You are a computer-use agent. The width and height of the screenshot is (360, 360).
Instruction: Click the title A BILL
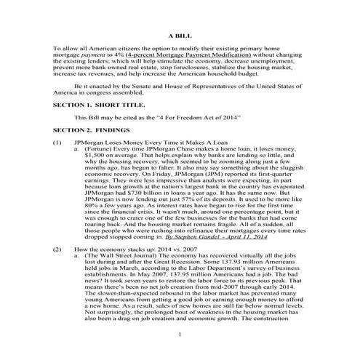[179, 34]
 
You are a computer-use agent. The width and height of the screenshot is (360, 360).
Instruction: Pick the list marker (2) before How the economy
[57, 249]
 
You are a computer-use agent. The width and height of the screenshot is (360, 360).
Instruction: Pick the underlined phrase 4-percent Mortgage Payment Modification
[175, 55]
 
